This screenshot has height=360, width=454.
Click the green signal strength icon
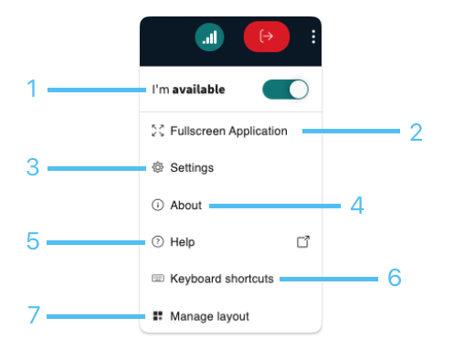point(209,37)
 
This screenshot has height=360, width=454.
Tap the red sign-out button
point(267,37)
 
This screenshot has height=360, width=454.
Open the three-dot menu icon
point(313,37)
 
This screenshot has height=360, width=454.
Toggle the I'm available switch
point(285,90)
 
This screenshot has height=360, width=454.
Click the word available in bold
point(198,90)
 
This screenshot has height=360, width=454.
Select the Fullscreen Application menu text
point(228,131)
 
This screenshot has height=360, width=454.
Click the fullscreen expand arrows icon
point(158,131)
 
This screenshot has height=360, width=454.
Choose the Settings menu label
point(192,168)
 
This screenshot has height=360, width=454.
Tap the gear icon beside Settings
point(158,167)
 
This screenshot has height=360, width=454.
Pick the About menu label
point(185,206)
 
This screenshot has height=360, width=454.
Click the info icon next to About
point(158,205)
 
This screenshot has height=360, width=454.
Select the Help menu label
point(183,242)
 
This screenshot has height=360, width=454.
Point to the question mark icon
point(158,242)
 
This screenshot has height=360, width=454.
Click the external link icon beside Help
point(303,242)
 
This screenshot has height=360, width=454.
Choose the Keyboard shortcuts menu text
point(222,279)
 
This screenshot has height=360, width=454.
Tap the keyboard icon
point(158,278)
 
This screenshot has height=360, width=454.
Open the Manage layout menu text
point(209,316)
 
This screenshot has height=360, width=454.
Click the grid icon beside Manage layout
point(158,316)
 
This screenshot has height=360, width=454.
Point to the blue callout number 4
point(357,206)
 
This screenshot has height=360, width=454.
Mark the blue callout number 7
point(34,315)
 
